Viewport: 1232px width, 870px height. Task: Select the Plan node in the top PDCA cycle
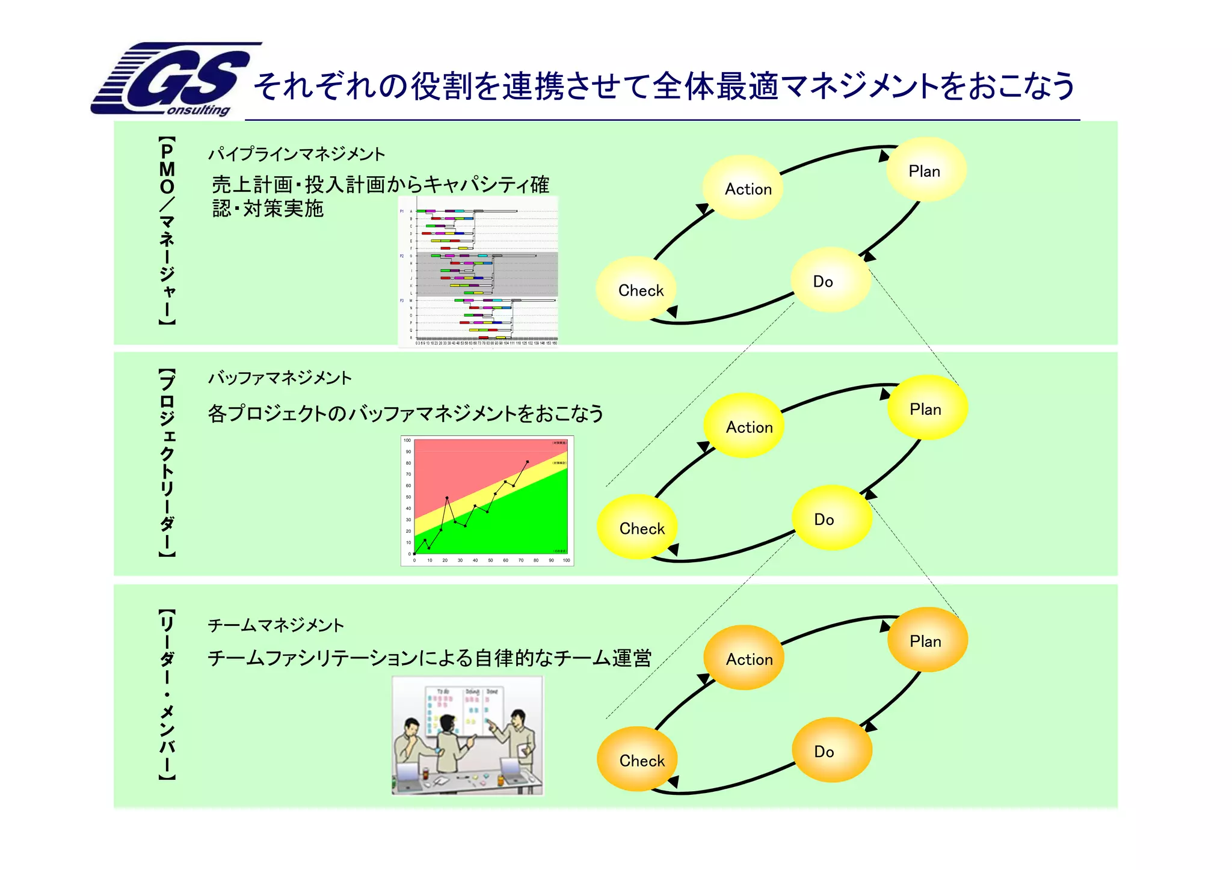click(925, 171)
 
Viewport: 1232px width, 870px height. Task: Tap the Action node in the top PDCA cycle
click(748, 189)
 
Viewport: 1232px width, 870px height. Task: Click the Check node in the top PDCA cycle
click(640, 290)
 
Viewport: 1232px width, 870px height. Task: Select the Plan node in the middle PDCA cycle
click(926, 409)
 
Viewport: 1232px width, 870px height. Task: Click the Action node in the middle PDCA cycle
click(749, 427)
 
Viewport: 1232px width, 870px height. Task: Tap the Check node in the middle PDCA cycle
click(641, 528)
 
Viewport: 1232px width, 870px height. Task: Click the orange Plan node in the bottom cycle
click(926, 641)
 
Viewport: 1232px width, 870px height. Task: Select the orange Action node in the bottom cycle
click(749, 659)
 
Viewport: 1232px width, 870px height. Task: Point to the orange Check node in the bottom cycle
click(641, 761)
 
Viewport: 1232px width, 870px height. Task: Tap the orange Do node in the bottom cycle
click(825, 752)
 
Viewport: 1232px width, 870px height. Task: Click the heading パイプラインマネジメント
click(296, 155)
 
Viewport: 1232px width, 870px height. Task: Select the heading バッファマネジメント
click(280, 378)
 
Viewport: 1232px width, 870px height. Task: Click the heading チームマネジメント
click(276, 625)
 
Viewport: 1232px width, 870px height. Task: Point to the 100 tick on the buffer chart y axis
click(407, 441)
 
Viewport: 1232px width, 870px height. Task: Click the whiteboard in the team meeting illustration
click(464, 709)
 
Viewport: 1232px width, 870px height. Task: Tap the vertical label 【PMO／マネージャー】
click(167, 231)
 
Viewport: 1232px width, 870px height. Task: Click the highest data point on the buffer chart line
click(528, 462)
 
